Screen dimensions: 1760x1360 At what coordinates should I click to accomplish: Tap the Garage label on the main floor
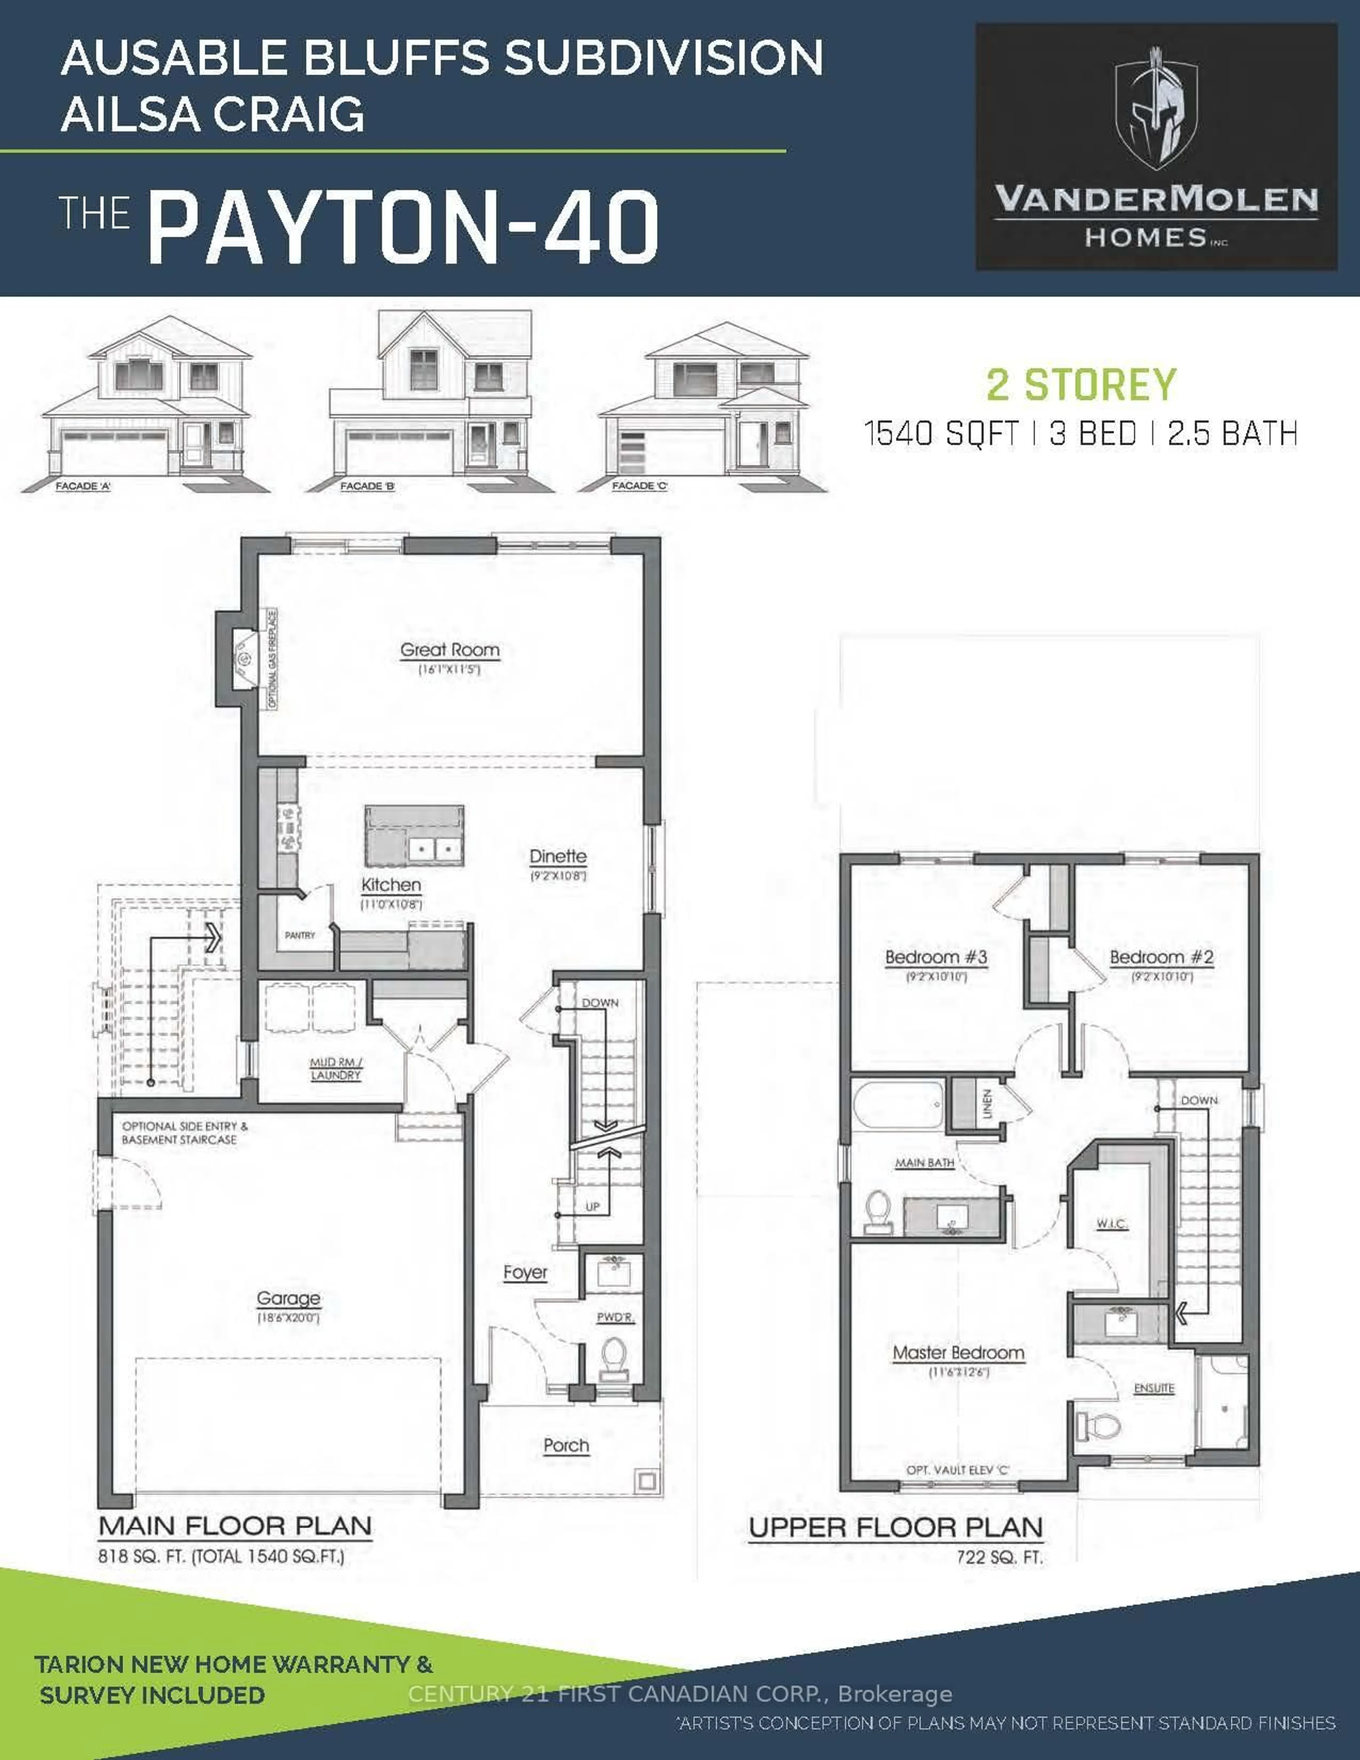coord(288,1298)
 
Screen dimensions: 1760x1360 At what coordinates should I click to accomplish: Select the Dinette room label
coord(557,857)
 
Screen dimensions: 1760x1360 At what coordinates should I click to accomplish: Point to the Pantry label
coord(300,935)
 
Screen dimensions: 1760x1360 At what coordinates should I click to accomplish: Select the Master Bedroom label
coord(958,1353)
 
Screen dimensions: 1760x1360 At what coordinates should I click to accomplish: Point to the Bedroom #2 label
coord(1161,957)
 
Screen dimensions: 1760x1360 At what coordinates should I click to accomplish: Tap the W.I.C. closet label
coord(1111,1223)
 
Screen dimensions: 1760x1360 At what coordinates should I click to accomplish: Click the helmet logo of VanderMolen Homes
coord(1156,109)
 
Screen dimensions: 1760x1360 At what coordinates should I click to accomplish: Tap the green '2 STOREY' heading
coord(1081,385)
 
